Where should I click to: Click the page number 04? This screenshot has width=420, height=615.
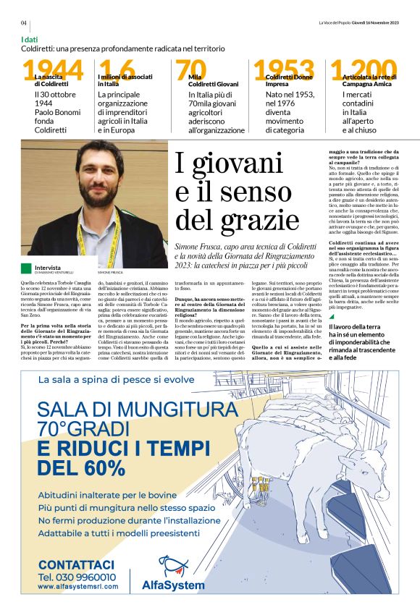tap(24, 22)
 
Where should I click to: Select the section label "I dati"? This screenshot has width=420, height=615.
tap(30, 39)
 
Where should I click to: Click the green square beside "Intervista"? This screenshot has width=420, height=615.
tap(26, 268)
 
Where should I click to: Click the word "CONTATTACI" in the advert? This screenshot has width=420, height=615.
tap(76, 564)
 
